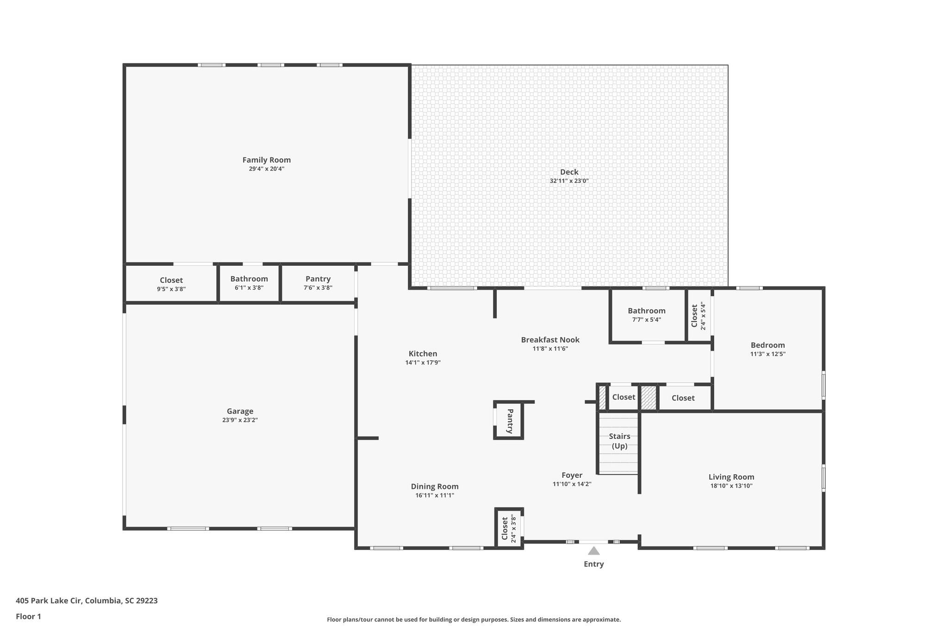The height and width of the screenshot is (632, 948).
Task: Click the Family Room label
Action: point(267,160)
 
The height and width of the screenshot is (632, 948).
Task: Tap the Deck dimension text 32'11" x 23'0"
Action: point(569,181)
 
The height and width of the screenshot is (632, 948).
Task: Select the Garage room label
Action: point(240,411)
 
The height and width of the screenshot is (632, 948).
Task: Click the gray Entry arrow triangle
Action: point(593,551)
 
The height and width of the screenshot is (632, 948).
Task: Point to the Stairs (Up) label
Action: point(619,441)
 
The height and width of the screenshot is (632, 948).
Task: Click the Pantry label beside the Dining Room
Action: point(510,421)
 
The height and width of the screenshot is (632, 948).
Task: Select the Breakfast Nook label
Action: point(550,340)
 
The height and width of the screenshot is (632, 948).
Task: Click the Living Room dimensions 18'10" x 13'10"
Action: point(731,486)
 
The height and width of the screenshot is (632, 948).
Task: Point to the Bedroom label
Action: point(767,345)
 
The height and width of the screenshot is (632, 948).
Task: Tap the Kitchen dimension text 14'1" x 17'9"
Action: point(423,363)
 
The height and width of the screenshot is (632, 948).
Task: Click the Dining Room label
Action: point(435,487)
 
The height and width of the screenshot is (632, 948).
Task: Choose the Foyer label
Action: point(572,476)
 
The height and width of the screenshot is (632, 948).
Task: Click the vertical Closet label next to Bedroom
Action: point(694,316)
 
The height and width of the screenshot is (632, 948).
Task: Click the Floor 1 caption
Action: point(28,617)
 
